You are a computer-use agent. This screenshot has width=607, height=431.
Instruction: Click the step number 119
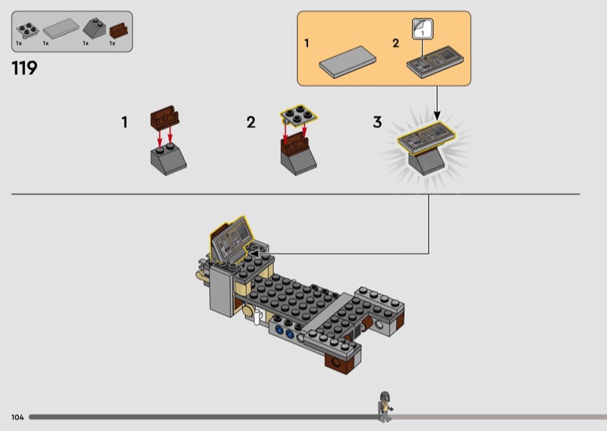(x=24, y=68)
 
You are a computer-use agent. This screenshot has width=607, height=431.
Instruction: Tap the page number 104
(x=17, y=417)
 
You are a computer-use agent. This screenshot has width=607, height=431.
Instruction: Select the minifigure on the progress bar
(x=385, y=407)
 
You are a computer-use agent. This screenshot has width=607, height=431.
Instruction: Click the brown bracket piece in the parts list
(x=119, y=30)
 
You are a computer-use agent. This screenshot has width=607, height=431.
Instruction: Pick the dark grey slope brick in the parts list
(x=94, y=28)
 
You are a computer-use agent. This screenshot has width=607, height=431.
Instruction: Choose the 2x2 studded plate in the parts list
(x=27, y=30)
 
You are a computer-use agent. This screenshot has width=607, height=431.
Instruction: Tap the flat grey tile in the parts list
(x=61, y=29)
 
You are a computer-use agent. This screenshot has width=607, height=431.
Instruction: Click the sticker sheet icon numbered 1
(x=423, y=29)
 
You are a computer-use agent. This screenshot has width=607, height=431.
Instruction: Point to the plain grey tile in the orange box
(x=348, y=62)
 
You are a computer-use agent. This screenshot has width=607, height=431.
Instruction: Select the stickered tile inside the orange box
(x=435, y=62)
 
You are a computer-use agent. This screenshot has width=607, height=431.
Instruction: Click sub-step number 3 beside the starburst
(x=377, y=122)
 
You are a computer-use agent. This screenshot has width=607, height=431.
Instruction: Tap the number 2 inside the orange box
(x=395, y=43)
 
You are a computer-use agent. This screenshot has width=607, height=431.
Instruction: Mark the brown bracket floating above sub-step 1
(x=165, y=116)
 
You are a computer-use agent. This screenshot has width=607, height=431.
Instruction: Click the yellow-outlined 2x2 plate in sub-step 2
(x=298, y=115)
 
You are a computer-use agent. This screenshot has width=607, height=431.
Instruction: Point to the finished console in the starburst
(x=426, y=148)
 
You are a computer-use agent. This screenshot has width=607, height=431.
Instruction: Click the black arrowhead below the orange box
(x=437, y=115)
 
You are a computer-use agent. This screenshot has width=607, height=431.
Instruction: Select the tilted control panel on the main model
(x=231, y=240)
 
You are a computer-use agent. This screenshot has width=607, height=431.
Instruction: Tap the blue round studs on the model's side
(x=284, y=332)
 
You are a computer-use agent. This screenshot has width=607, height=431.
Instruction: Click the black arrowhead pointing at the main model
(x=253, y=253)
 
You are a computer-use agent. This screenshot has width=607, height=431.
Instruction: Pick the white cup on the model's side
(x=257, y=317)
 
